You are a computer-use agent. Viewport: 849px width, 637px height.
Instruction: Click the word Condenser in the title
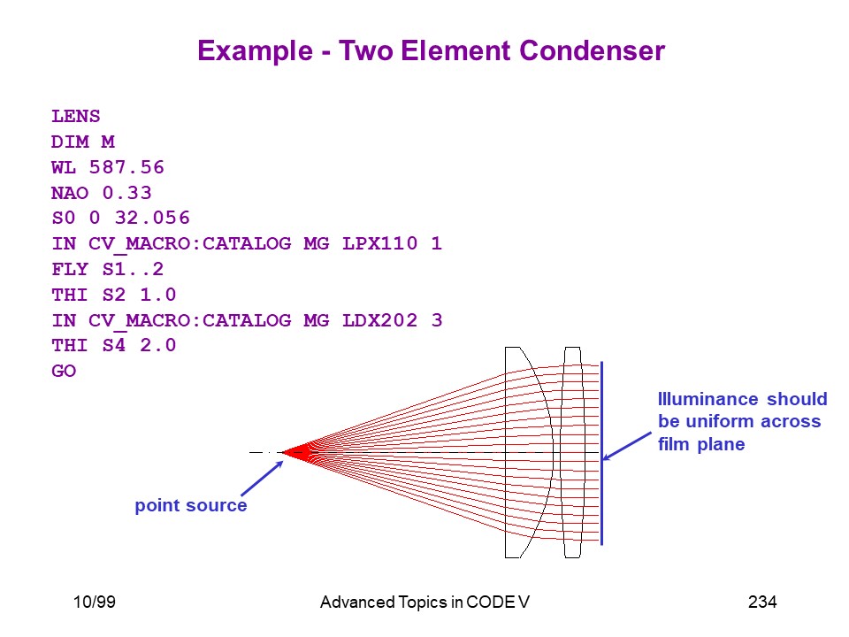pos(592,51)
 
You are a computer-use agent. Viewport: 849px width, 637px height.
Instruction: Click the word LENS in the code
pos(76,117)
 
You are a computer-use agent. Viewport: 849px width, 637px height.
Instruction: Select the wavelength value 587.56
pos(126,167)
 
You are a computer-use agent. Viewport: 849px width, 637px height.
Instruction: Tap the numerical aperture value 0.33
pos(127,193)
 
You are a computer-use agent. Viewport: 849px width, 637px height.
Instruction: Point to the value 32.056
pos(152,218)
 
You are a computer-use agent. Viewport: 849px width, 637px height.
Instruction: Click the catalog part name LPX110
pos(380,243)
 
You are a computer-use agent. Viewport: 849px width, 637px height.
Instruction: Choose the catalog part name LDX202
pos(380,320)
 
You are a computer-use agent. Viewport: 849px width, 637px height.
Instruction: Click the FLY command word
pos(70,269)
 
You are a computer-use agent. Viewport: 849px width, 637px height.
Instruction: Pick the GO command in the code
pos(64,371)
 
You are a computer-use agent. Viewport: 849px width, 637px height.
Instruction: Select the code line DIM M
pos(83,142)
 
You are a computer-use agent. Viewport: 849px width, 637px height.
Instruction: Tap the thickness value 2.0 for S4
pos(158,345)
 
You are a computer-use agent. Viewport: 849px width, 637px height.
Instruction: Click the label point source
pos(191,505)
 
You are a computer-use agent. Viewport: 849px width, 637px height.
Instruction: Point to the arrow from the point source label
pos(262,478)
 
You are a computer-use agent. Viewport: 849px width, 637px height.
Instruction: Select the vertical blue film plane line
pos(602,453)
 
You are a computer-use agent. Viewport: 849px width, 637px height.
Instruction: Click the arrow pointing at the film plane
pos(626,446)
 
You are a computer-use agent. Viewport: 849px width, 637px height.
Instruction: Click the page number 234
pos(762,602)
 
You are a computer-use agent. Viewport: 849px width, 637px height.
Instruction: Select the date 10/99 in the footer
pos(95,602)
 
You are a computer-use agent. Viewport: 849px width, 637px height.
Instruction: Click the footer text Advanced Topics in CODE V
pos(424,602)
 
